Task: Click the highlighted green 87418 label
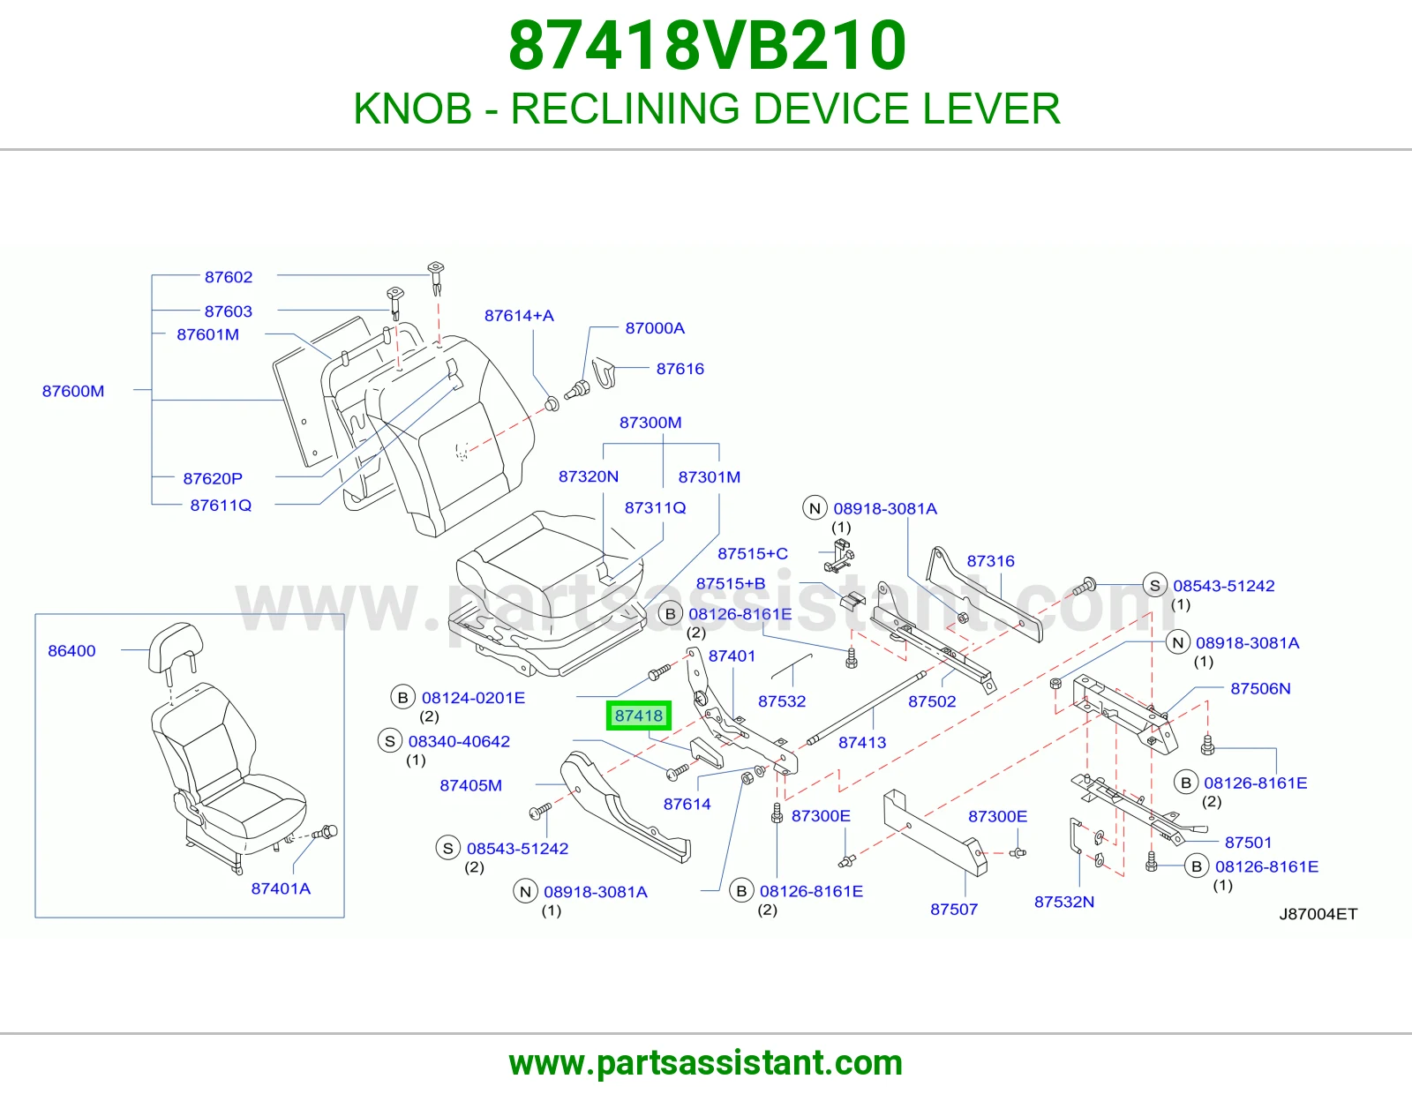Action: coord(638,716)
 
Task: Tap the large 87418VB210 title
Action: coord(707,46)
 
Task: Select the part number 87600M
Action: coord(72,391)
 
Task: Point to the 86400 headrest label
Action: coord(71,650)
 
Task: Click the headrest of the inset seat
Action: coord(174,648)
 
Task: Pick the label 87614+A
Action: coord(519,316)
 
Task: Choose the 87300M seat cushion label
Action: coord(650,423)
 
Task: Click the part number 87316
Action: coord(990,560)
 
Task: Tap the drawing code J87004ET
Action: coord(1318,914)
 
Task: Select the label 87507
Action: coord(954,909)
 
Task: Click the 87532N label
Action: coord(1064,902)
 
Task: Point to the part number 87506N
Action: coord(1260,688)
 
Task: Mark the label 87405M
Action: coord(471,785)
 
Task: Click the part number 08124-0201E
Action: coord(473,698)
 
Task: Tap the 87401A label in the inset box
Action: coord(281,888)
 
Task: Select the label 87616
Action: coord(680,369)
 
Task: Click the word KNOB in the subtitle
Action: coord(413,109)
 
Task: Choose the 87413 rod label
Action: coord(862,742)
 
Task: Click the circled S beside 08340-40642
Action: coord(390,741)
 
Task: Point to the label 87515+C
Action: coord(753,553)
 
